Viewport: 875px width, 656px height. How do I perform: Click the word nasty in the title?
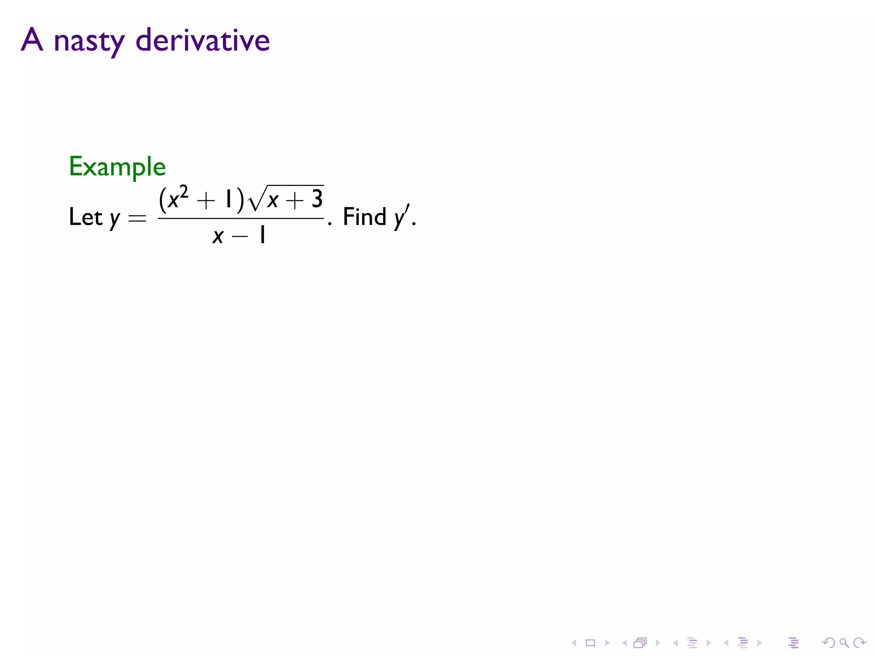(x=89, y=41)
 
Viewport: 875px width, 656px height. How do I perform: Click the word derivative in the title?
(x=203, y=41)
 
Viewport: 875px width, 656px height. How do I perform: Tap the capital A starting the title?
(x=32, y=40)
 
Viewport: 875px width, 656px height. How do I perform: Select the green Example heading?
(x=117, y=167)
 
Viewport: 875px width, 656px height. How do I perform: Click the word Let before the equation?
(x=85, y=217)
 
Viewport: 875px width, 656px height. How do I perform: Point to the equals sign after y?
(x=137, y=219)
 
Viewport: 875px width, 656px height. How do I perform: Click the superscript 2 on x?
(x=184, y=193)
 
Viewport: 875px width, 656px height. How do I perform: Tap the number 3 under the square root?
(x=317, y=199)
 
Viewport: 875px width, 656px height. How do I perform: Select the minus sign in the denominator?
(x=240, y=236)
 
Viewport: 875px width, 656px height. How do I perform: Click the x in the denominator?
(x=218, y=236)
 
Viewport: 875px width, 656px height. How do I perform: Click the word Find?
(x=364, y=217)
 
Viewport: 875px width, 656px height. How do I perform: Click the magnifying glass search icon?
(x=844, y=643)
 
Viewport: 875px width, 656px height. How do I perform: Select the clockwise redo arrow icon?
(x=860, y=643)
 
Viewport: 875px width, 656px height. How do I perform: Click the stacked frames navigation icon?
(x=640, y=643)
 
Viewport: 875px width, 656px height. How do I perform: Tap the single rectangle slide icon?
(x=590, y=643)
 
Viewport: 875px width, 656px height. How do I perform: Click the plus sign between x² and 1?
(x=206, y=200)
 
